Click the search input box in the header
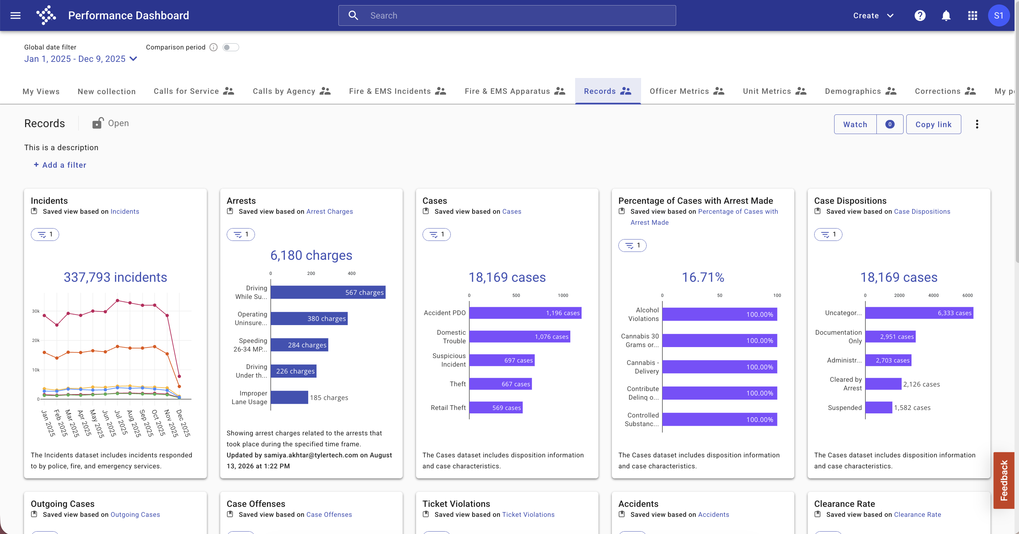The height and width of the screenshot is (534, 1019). click(507, 15)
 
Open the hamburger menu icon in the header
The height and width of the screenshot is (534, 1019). click(15, 15)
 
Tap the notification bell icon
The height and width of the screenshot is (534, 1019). click(946, 15)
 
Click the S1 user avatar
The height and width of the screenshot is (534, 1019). click(998, 15)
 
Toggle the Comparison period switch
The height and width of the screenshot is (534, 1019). click(231, 47)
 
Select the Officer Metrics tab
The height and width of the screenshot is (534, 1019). click(687, 91)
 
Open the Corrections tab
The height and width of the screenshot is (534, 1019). click(945, 91)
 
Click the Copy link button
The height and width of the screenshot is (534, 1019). click(933, 124)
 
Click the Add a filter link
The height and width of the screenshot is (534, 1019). click(60, 165)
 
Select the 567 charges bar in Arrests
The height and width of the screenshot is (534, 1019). click(328, 292)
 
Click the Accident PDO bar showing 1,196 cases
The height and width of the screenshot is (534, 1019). click(525, 313)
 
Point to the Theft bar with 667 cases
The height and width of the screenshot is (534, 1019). click(501, 384)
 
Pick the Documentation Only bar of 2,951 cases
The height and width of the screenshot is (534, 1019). click(890, 337)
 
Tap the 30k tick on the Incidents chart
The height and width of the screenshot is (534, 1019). click(36, 311)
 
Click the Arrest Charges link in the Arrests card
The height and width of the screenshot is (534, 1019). click(329, 212)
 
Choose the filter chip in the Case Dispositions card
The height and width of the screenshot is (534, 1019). click(828, 235)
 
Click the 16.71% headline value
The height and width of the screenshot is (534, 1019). click(703, 277)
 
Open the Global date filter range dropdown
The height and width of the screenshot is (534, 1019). click(81, 59)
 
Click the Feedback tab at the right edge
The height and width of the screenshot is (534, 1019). click(1004, 480)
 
